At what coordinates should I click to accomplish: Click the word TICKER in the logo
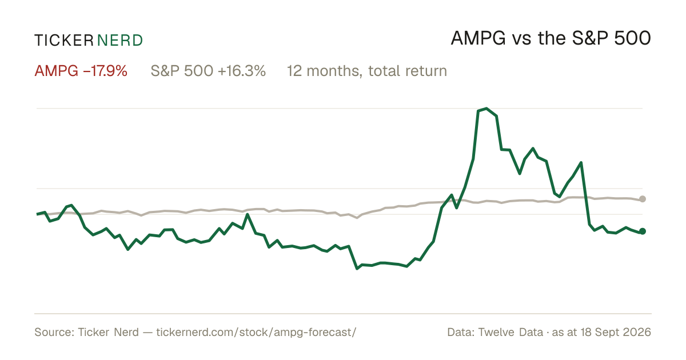point(63,41)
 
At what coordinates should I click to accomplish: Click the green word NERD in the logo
point(119,41)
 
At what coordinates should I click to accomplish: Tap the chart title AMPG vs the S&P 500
point(551,38)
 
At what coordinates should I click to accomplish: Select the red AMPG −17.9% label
point(81,71)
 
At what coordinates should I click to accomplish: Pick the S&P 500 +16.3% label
point(208,71)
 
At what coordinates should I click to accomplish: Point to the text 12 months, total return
point(367,71)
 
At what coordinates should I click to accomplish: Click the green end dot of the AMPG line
point(643,231)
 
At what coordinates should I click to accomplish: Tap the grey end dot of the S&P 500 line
point(643,199)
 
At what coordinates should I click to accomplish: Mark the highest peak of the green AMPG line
point(486,108)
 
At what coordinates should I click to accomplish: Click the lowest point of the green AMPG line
point(357,269)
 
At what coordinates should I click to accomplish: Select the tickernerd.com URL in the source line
point(256,332)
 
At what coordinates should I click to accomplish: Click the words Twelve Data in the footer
point(510,332)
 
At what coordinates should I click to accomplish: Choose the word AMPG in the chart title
point(478,38)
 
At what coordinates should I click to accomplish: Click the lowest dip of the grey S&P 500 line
point(357,218)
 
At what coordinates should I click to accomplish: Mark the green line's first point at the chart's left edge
point(37,214)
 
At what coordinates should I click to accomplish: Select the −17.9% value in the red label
point(105,71)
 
